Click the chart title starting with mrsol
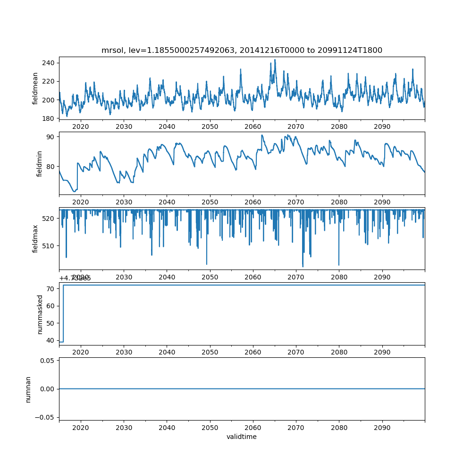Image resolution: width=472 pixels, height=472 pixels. click(242, 50)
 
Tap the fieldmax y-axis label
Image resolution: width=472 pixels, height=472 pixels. click(36, 238)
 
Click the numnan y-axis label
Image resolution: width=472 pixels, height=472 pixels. click(28, 389)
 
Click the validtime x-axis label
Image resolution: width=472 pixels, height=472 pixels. click(242, 437)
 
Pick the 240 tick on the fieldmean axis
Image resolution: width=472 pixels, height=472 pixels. click(49, 63)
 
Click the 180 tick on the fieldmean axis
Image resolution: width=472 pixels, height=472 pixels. click(49, 118)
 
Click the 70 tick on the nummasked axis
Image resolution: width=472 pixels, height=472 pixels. click(51, 288)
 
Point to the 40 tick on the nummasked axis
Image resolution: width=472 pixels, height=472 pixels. click(51, 341)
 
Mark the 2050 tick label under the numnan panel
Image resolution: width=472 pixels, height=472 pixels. click(210, 428)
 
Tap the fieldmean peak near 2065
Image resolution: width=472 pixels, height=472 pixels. click(275, 60)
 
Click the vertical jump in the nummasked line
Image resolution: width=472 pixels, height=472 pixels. click(63, 313)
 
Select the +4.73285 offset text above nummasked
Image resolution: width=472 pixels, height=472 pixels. click(75, 278)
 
